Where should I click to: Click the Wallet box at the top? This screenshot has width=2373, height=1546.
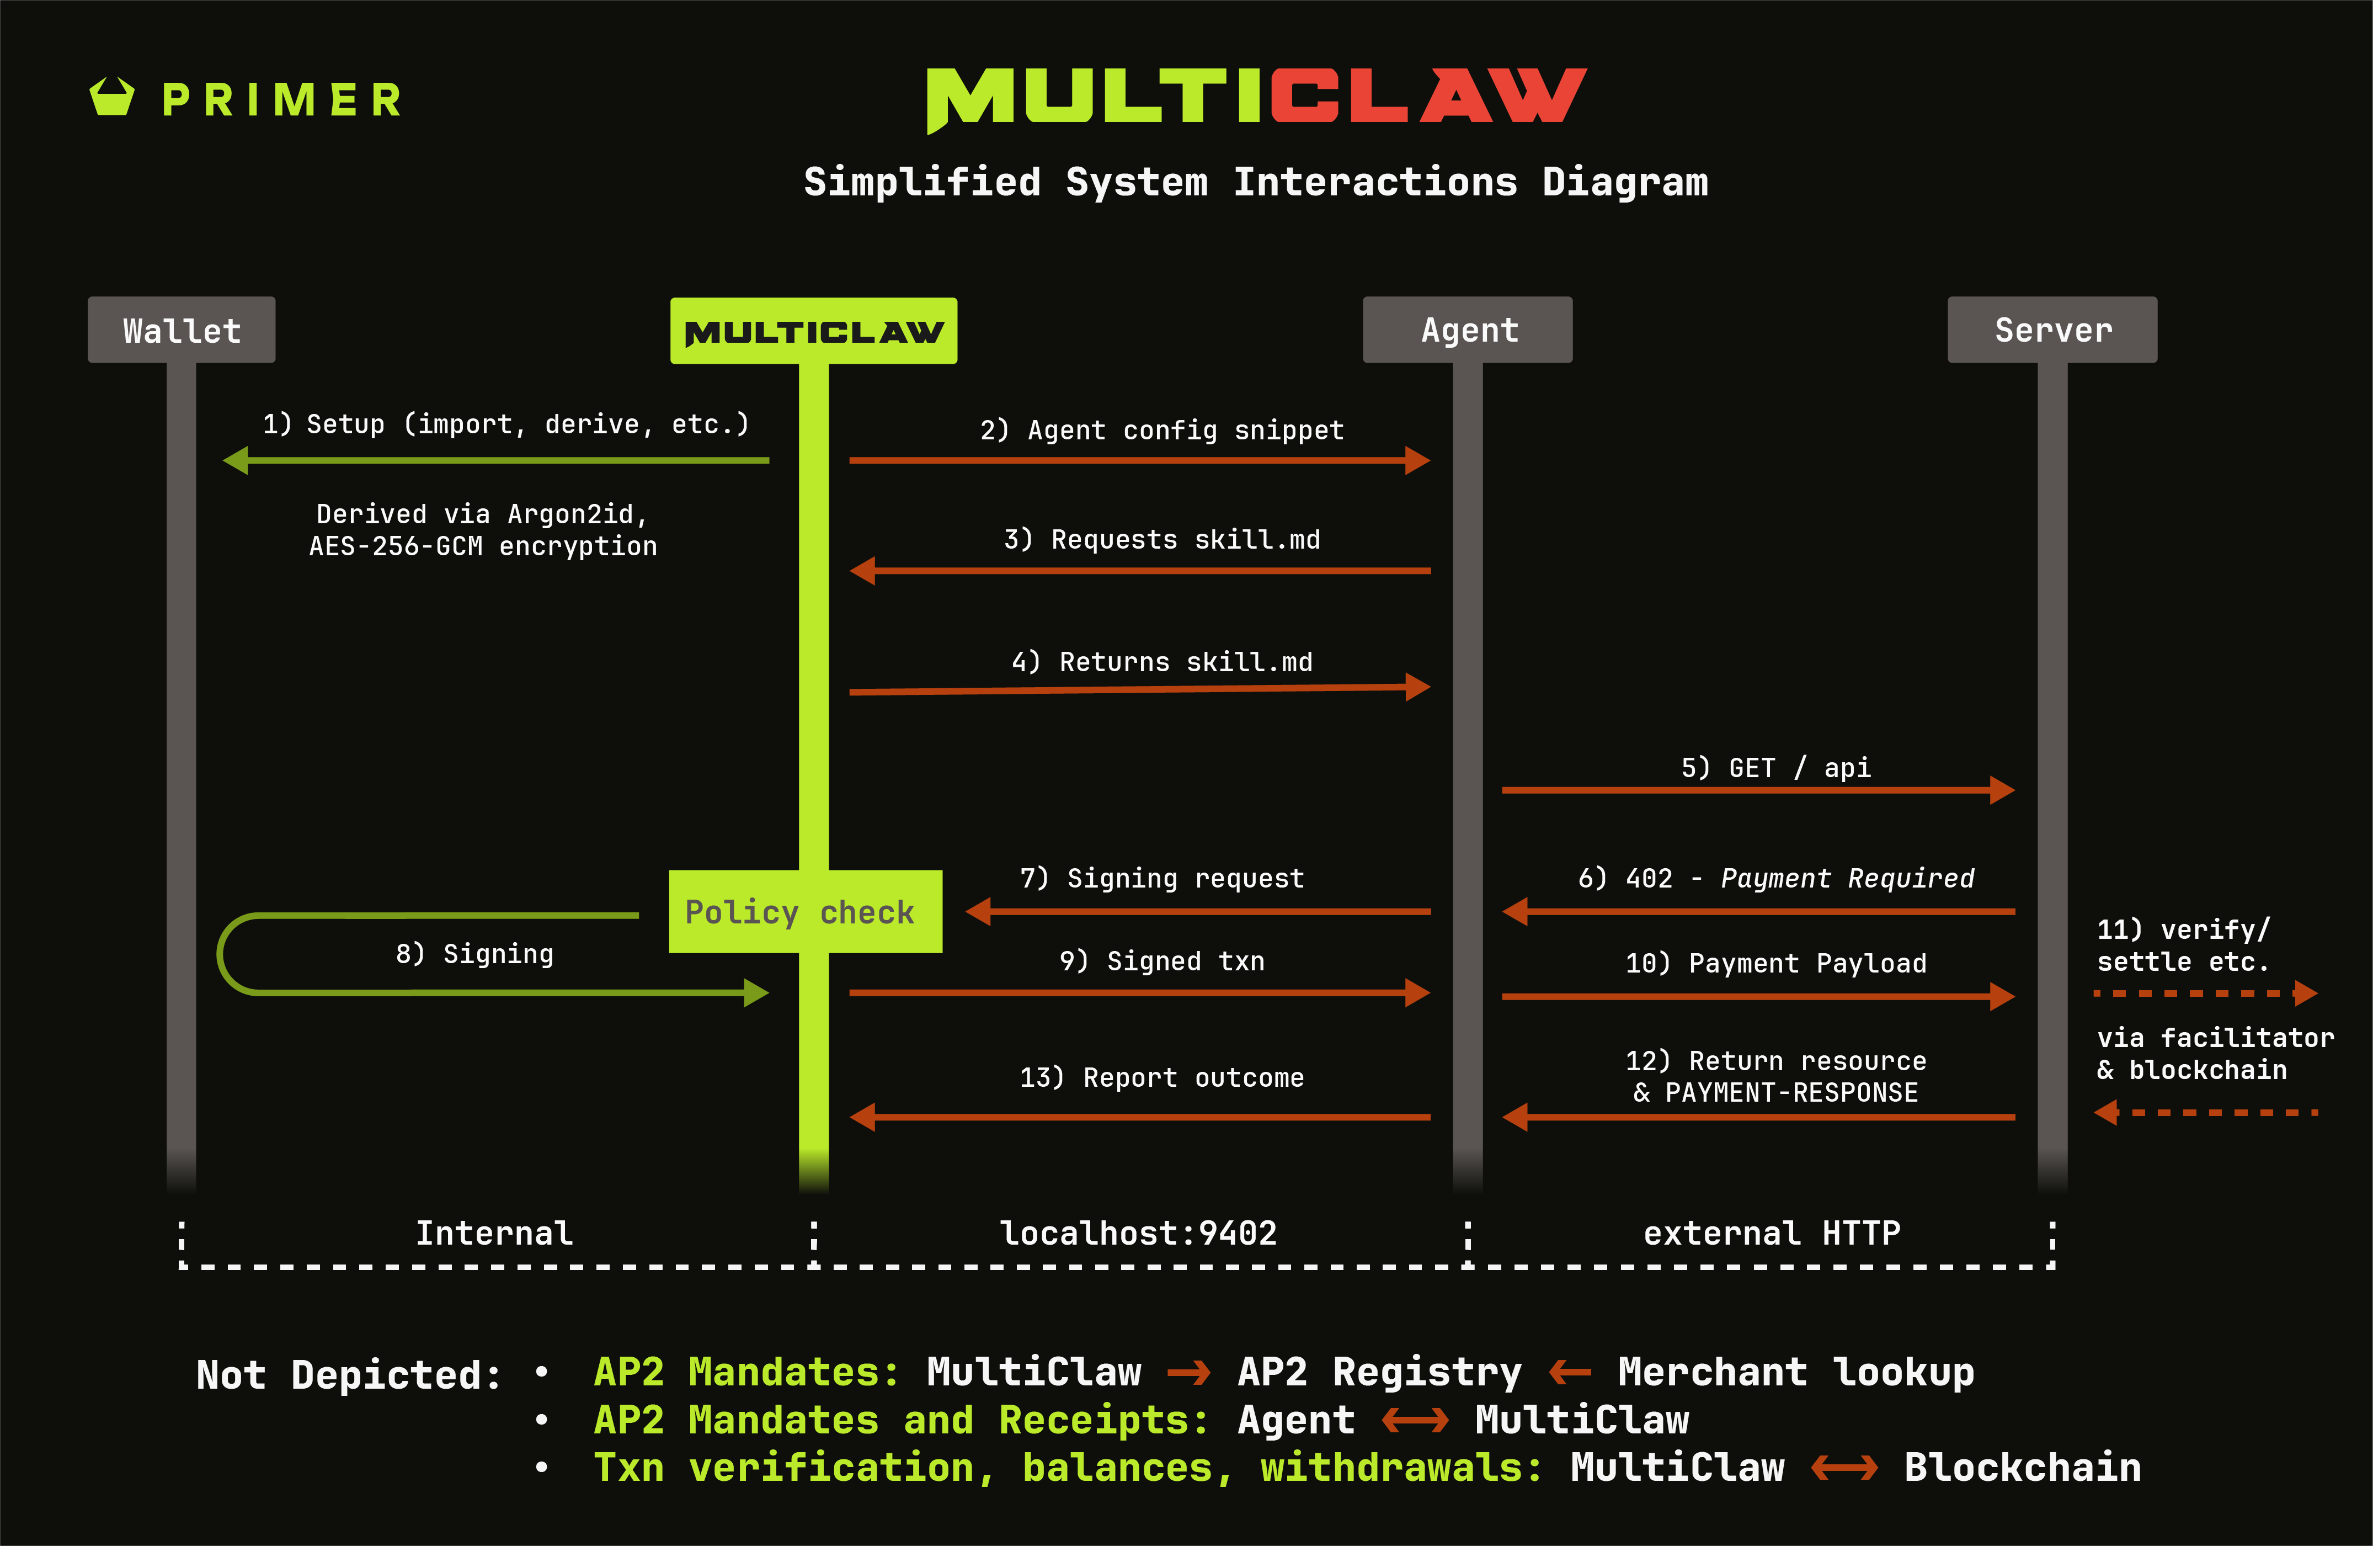pos(182,330)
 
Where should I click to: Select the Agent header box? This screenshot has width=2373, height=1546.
pos(1468,330)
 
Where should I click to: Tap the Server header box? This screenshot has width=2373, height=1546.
pos(2052,330)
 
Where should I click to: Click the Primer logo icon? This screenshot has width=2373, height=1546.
pos(111,98)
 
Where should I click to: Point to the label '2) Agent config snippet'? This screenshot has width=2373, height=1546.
pos(1161,430)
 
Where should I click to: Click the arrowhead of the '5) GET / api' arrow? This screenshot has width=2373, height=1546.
pos(2002,790)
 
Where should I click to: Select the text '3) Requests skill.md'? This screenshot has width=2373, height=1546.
pos(1161,540)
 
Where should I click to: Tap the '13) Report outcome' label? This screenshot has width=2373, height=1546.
pos(1161,1077)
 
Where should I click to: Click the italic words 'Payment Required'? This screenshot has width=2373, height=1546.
pos(1847,878)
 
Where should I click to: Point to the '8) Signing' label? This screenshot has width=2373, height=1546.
pos(474,954)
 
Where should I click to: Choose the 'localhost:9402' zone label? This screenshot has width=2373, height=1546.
pos(1139,1234)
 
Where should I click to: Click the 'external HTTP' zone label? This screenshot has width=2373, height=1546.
pos(1772,1234)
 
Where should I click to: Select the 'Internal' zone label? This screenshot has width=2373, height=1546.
pos(494,1234)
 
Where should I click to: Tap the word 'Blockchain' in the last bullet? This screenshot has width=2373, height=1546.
pos(2022,1467)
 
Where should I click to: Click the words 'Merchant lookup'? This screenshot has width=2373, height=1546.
pos(1796,1373)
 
